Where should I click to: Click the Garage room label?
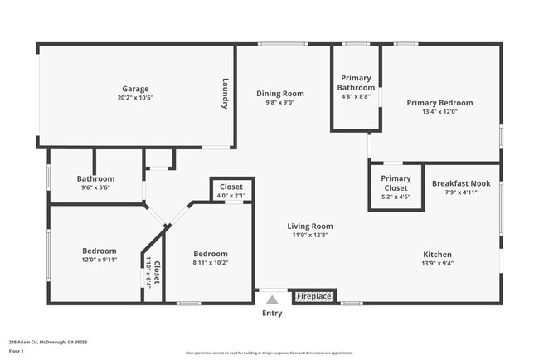point(135,89)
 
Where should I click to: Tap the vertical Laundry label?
point(225,94)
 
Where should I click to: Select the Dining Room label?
point(279,94)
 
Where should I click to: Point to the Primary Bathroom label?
point(357,82)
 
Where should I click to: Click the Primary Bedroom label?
point(439,103)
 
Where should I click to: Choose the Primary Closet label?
point(396,182)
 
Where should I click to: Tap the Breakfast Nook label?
point(461,184)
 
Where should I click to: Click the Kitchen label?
point(438,255)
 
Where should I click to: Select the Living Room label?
point(310,226)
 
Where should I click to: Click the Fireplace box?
point(314,296)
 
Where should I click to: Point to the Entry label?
point(272,314)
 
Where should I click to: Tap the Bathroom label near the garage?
point(95,178)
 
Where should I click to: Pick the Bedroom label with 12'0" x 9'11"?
point(99,251)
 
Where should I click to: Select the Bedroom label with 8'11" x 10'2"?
point(210,254)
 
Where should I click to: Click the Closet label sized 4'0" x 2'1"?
point(231,187)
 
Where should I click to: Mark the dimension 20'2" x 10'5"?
point(135,98)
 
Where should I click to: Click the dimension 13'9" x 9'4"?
point(438,264)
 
